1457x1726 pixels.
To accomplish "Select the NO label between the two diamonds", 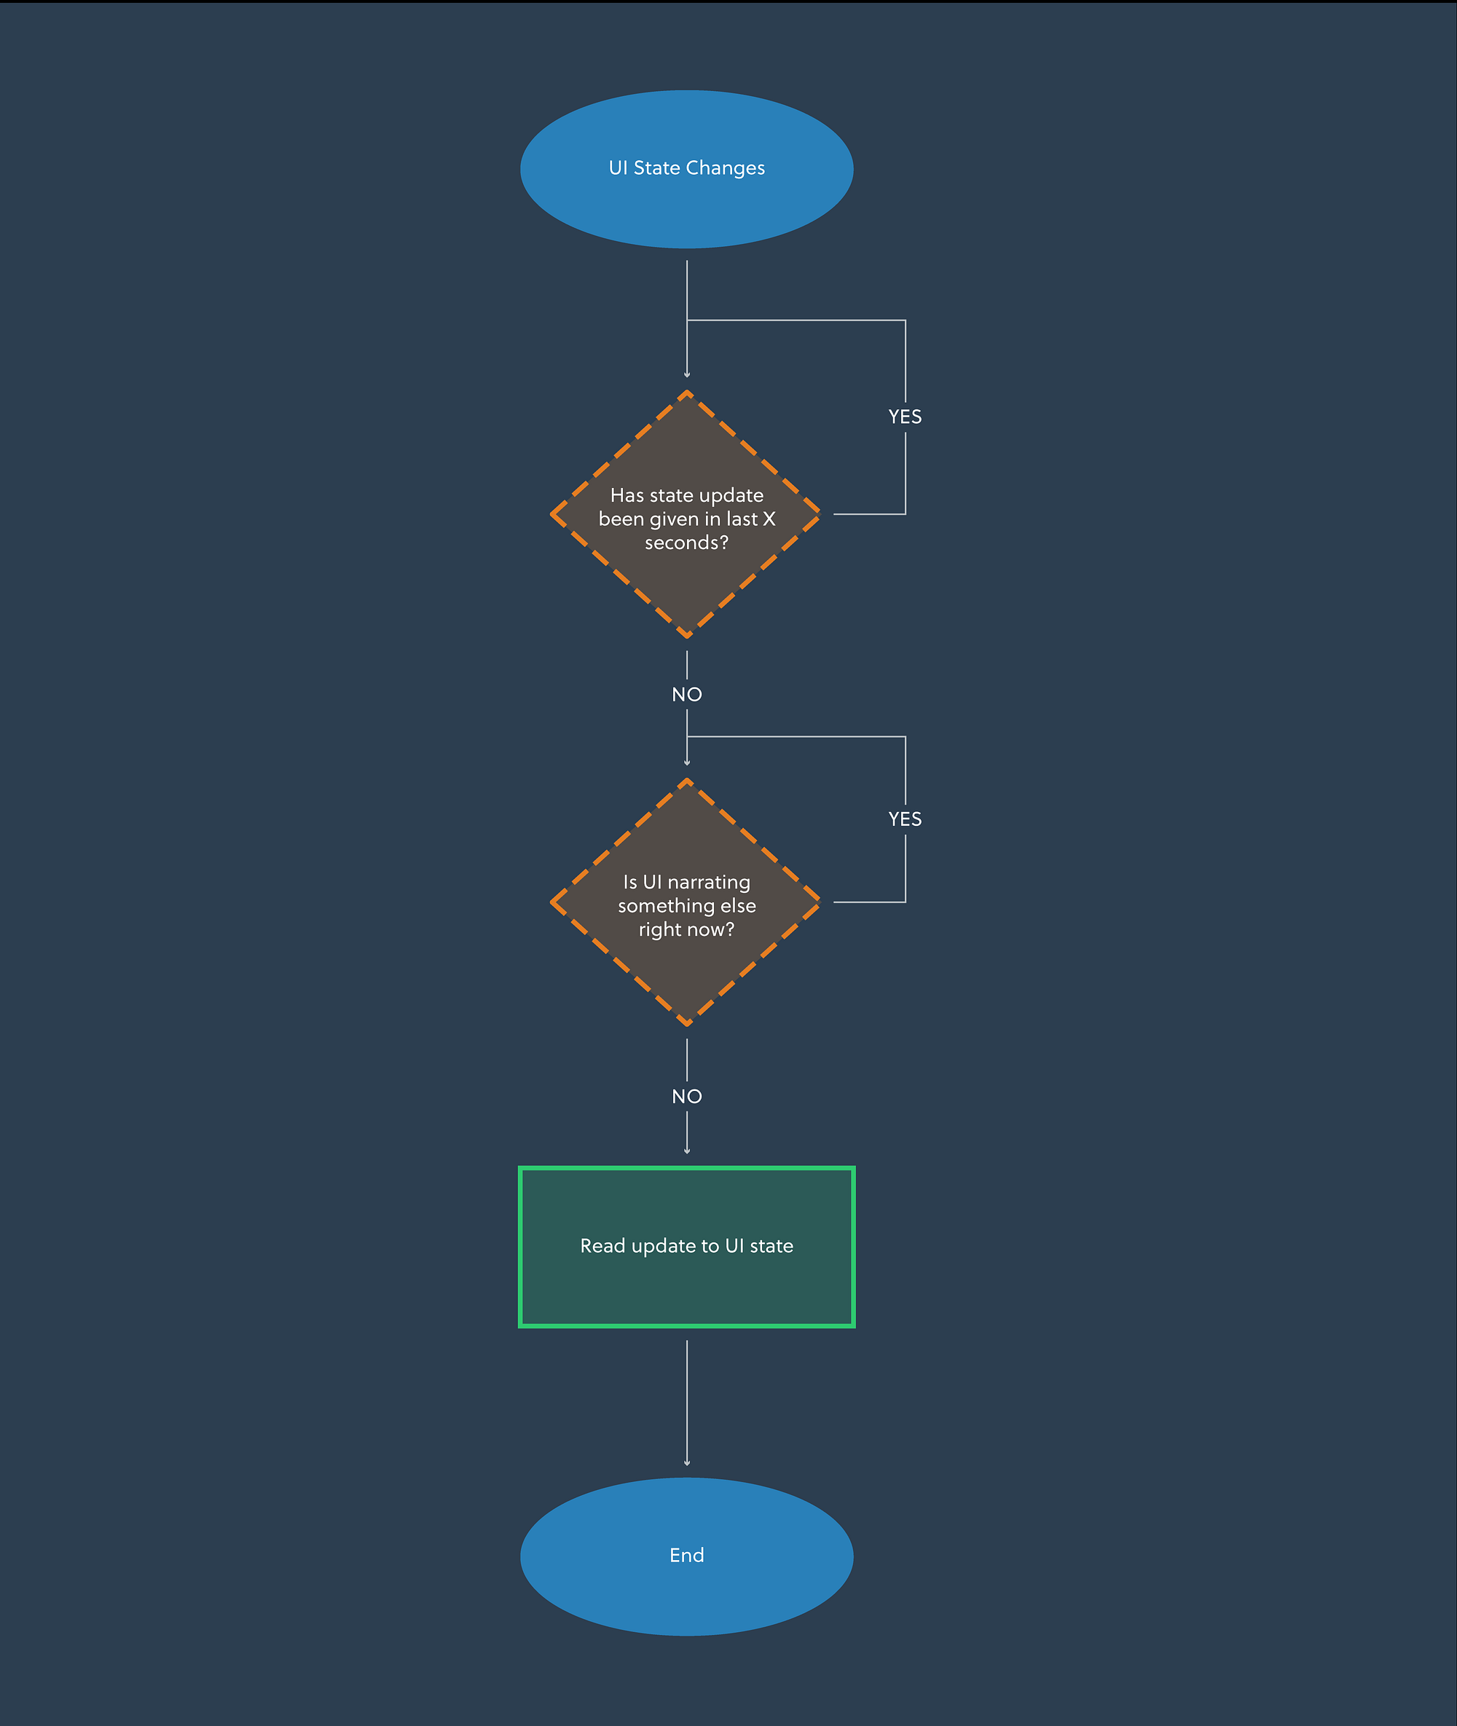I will [686, 695].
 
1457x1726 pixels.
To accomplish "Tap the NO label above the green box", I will [686, 1097].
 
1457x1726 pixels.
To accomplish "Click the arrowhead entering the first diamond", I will [686, 375].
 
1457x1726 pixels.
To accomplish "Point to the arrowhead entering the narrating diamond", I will [686, 763].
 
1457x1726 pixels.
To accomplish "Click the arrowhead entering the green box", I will [686, 1151].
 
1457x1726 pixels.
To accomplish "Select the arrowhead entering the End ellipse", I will [686, 1463].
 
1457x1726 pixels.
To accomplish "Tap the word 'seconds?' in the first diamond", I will [686, 543].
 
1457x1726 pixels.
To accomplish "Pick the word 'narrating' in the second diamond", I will [709, 883].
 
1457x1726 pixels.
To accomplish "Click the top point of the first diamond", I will [686, 393].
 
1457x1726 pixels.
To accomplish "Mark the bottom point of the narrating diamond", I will [686, 1025].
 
